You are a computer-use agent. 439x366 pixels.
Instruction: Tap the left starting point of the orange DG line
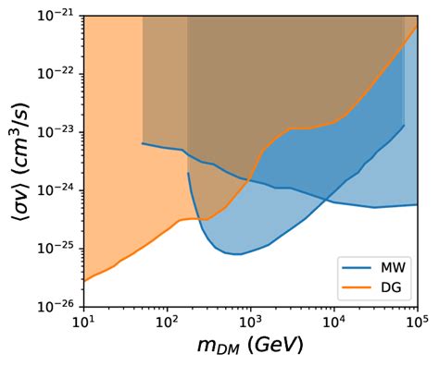point(84,280)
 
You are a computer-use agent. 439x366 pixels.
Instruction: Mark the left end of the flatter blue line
point(142,143)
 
